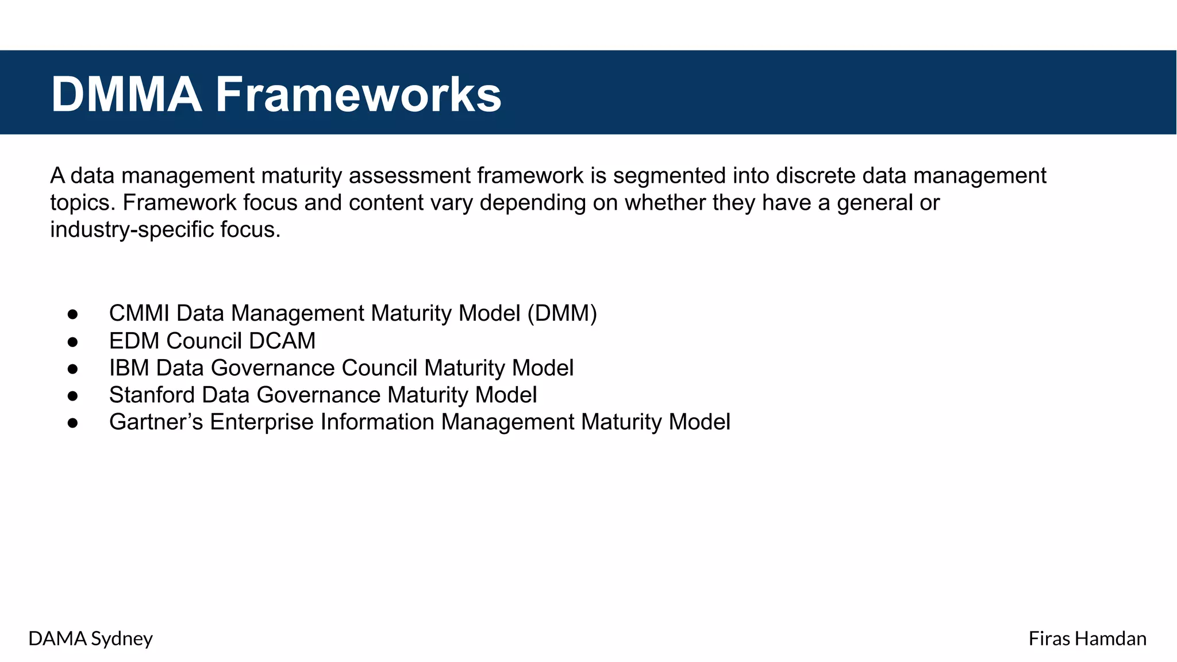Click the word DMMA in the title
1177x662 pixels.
(126, 94)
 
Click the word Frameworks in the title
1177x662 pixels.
(358, 94)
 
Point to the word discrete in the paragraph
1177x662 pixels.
(816, 176)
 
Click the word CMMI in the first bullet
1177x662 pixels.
(139, 314)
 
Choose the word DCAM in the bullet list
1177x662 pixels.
(282, 341)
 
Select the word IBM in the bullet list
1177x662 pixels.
(129, 368)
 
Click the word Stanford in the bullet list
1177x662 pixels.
(151, 395)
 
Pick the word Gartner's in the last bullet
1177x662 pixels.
(156, 422)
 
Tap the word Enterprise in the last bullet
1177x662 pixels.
(261, 422)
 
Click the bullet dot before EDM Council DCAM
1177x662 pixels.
(72, 342)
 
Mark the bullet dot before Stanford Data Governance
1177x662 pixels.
(72, 396)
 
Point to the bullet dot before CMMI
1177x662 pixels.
(72, 314)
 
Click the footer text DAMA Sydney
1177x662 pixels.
(90, 638)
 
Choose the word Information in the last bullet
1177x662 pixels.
(377, 422)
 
